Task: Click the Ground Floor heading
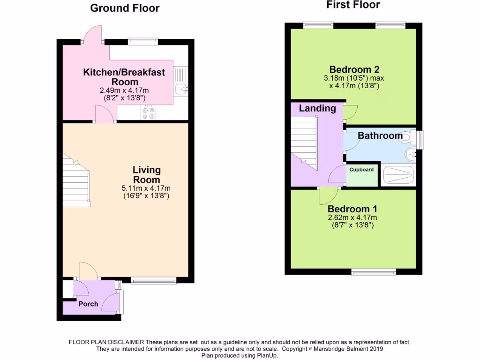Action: point(125,8)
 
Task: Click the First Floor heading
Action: point(353,5)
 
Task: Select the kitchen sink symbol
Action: point(180,88)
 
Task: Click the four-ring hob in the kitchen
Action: point(149,112)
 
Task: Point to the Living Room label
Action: point(146,174)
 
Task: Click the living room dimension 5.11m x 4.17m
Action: point(146,188)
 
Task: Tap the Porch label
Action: point(88,304)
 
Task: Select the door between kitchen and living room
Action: point(105,114)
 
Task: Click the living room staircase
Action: point(76,183)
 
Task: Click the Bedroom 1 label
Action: point(352,209)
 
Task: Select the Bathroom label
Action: point(380,136)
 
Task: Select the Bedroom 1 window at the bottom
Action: point(374,271)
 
